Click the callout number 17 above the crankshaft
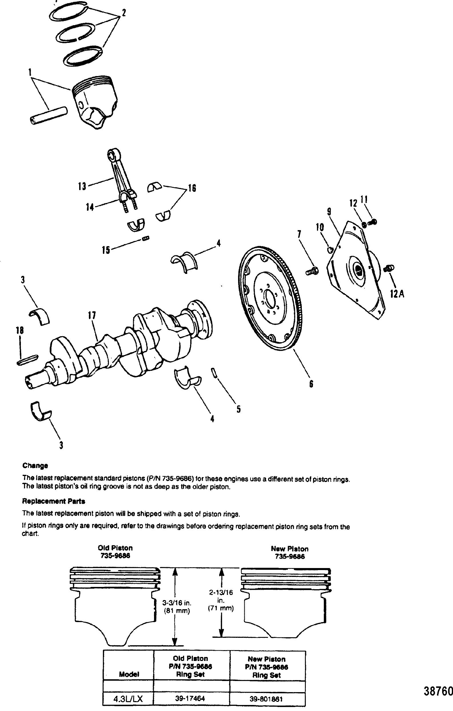point(92,315)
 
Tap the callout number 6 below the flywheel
point(311,384)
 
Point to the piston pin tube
point(49,116)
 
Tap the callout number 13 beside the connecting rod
point(82,187)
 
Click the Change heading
point(35,466)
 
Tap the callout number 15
point(106,250)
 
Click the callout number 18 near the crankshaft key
point(20,330)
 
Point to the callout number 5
point(238,409)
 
